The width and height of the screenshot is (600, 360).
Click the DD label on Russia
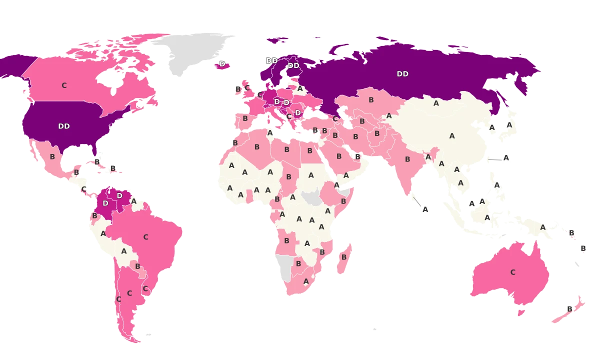(x=402, y=74)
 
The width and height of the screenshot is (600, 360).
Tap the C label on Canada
(x=64, y=85)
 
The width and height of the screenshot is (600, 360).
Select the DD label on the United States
(x=64, y=126)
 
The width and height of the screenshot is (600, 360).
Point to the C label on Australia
(x=512, y=272)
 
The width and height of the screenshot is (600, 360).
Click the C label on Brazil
(x=146, y=237)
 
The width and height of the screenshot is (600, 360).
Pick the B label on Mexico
(x=52, y=156)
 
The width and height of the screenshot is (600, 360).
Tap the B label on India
(x=407, y=159)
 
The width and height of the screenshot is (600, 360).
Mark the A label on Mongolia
(x=436, y=103)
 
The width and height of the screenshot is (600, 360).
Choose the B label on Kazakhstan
(x=371, y=100)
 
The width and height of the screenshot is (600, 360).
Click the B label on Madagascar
(x=344, y=257)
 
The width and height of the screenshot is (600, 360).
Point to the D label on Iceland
(x=222, y=64)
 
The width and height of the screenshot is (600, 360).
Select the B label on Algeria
(x=257, y=147)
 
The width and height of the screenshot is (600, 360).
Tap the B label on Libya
(x=287, y=149)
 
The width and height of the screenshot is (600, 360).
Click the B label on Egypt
(x=309, y=150)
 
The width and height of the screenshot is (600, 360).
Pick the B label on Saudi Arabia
(x=339, y=156)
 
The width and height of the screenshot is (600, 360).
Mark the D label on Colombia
(x=105, y=203)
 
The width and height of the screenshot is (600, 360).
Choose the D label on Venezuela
(x=119, y=196)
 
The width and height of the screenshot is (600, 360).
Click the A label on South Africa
(x=306, y=281)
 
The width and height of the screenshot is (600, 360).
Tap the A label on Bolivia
(x=124, y=251)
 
